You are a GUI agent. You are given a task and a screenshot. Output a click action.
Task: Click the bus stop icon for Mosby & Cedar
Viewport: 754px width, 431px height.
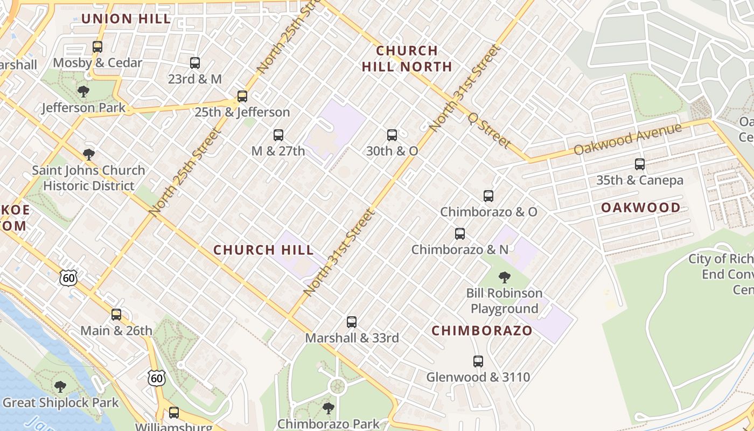(97, 47)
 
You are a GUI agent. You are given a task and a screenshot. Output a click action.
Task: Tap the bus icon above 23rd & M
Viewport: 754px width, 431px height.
(195, 63)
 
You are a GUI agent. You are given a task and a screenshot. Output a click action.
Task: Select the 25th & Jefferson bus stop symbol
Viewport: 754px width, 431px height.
(242, 96)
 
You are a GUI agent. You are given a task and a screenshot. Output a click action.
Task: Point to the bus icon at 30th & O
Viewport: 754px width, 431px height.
(392, 135)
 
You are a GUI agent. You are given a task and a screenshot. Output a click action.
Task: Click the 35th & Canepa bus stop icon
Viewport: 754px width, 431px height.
(640, 164)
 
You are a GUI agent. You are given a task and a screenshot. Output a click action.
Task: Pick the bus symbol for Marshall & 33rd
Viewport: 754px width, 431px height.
(352, 322)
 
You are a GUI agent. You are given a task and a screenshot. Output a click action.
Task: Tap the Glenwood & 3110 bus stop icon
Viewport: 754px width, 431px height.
(478, 362)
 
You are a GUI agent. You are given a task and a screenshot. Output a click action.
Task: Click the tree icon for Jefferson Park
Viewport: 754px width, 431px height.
(83, 92)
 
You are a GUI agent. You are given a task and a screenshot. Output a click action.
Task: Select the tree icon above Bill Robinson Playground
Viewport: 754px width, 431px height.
(505, 277)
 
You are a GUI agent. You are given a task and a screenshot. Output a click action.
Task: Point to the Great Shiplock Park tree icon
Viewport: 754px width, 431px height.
(60, 387)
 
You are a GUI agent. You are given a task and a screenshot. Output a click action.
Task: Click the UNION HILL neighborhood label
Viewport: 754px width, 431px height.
(126, 19)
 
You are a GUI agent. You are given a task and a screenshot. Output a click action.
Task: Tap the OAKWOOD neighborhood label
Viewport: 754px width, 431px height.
(640, 207)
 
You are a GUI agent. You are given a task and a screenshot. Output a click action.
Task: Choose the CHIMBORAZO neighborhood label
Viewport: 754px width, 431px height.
(482, 331)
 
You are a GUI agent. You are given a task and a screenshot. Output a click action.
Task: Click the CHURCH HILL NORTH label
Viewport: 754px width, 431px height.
(407, 59)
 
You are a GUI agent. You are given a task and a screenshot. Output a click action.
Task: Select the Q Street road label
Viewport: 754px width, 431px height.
(489, 130)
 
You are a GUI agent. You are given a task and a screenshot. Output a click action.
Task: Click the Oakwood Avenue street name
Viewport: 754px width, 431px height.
(627, 138)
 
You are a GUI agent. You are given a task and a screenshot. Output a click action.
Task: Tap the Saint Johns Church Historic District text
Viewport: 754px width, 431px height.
(88, 178)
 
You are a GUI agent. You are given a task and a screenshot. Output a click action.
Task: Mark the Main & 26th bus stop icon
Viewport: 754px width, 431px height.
(116, 315)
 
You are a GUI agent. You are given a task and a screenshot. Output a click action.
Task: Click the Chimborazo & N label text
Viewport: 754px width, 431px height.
(459, 249)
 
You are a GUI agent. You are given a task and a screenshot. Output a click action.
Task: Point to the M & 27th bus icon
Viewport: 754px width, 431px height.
(278, 135)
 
